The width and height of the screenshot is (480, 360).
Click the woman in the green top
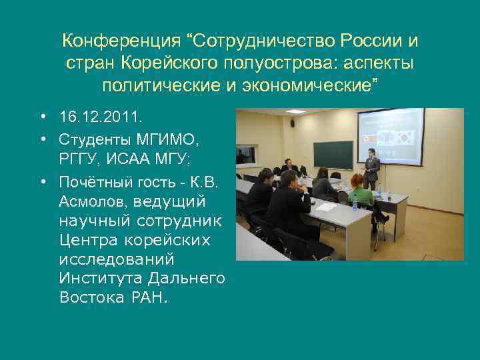click(361, 194)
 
